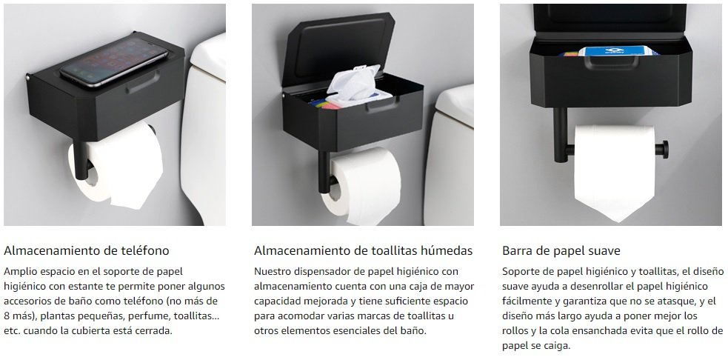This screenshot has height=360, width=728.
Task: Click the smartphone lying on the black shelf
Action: pos(114,61)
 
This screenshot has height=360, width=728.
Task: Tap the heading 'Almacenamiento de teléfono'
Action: pos(87,251)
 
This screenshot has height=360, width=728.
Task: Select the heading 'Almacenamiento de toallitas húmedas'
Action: pos(363,251)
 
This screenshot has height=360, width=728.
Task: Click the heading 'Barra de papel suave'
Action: pos(561,251)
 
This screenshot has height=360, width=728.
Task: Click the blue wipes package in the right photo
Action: pos(618,51)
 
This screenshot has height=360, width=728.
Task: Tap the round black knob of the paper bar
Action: pos(662,149)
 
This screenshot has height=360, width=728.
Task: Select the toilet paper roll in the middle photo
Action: pos(361,185)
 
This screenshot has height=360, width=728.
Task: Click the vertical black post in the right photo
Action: pos(561,135)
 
